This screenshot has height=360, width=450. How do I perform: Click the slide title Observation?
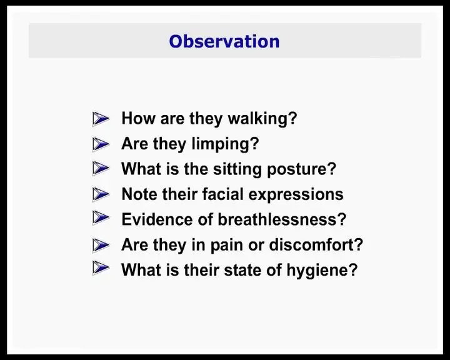pyautogui.click(x=224, y=41)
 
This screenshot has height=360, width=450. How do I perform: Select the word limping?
pyautogui.click(x=225, y=144)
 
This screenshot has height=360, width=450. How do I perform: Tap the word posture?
pyautogui.click(x=301, y=169)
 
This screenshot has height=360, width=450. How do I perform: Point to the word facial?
pyautogui.click(x=223, y=194)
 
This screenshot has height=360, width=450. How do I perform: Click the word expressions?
pyautogui.click(x=296, y=194)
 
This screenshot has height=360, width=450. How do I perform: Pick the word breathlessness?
pyautogui.click(x=282, y=219)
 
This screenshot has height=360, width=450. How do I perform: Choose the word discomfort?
pyautogui.click(x=316, y=244)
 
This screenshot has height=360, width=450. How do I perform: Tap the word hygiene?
pyautogui.click(x=322, y=271)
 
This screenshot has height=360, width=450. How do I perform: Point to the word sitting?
pyautogui.click(x=237, y=169)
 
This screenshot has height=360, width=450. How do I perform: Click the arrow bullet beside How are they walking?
pyautogui.click(x=101, y=119)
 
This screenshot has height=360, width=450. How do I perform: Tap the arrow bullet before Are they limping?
pyautogui.click(x=101, y=144)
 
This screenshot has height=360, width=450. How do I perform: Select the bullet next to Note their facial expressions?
pyautogui.click(x=101, y=194)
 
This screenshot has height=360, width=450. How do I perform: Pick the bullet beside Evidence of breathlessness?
pyautogui.click(x=101, y=217)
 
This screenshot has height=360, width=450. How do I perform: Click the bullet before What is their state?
pyautogui.click(x=101, y=268)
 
